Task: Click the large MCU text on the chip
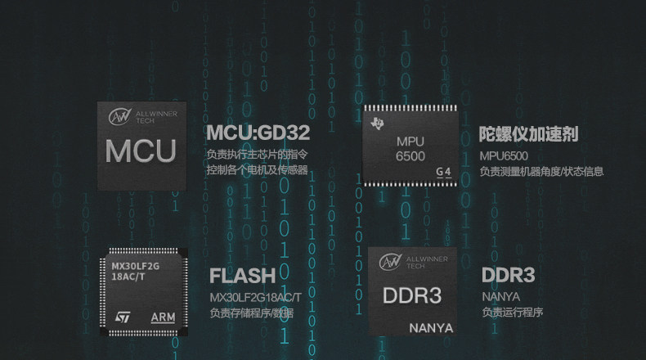point(141,151)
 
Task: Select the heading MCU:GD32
point(258,133)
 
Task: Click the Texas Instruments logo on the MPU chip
point(377,124)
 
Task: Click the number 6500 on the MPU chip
point(410,155)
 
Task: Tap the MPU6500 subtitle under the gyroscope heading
point(504,155)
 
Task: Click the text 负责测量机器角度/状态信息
point(541,172)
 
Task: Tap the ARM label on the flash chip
point(163,317)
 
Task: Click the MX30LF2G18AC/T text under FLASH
point(255,296)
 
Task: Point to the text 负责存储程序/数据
point(251,313)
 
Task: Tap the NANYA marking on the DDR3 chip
point(430,328)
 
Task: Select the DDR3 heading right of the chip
point(508,275)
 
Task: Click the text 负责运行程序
point(513,313)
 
